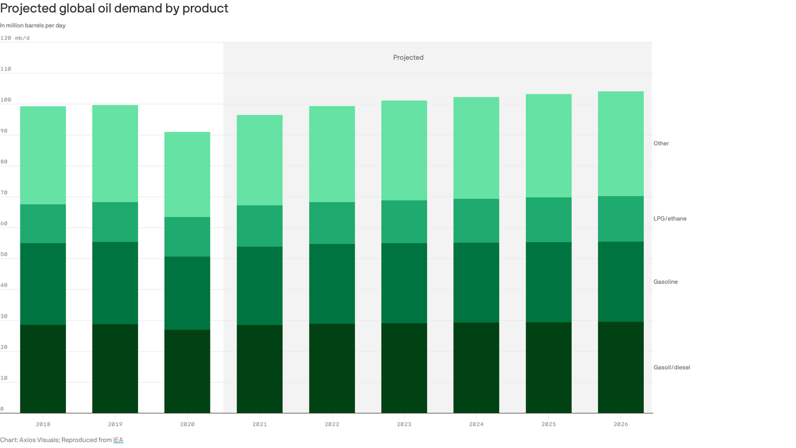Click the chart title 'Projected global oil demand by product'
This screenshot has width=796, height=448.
(x=114, y=9)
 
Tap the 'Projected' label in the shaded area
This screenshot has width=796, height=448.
(x=408, y=57)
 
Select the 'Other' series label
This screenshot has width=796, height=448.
(x=661, y=143)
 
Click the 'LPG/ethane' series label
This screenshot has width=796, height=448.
(x=670, y=219)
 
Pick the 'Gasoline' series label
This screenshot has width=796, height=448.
(x=665, y=282)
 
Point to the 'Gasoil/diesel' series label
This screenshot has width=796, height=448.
(x=671, y=367)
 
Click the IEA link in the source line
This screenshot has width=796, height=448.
(x=118, y=440)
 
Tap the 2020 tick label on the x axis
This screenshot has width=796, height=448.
(x=187, y=424)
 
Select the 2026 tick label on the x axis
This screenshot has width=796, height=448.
(x=621, y=424)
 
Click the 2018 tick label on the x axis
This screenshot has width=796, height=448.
(x=43, y=424)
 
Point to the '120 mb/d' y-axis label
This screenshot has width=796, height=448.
(x=15, y=38)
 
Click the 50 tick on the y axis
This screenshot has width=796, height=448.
(x=4, y=254)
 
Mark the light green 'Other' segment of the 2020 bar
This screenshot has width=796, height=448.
(x=187, y=174)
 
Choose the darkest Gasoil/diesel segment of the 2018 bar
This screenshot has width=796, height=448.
(x=43, y=369)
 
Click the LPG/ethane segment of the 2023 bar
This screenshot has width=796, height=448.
(x=404, y=222)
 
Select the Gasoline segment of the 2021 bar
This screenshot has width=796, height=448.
(x=259, y=286)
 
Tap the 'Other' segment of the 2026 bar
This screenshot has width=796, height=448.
(x=621, y=143)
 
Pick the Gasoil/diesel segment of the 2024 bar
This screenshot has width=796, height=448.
(x=476, y=367)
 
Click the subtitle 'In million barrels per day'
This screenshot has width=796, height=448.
(x=33, y=26)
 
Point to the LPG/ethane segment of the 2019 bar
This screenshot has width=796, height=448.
(x=115, y=222)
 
